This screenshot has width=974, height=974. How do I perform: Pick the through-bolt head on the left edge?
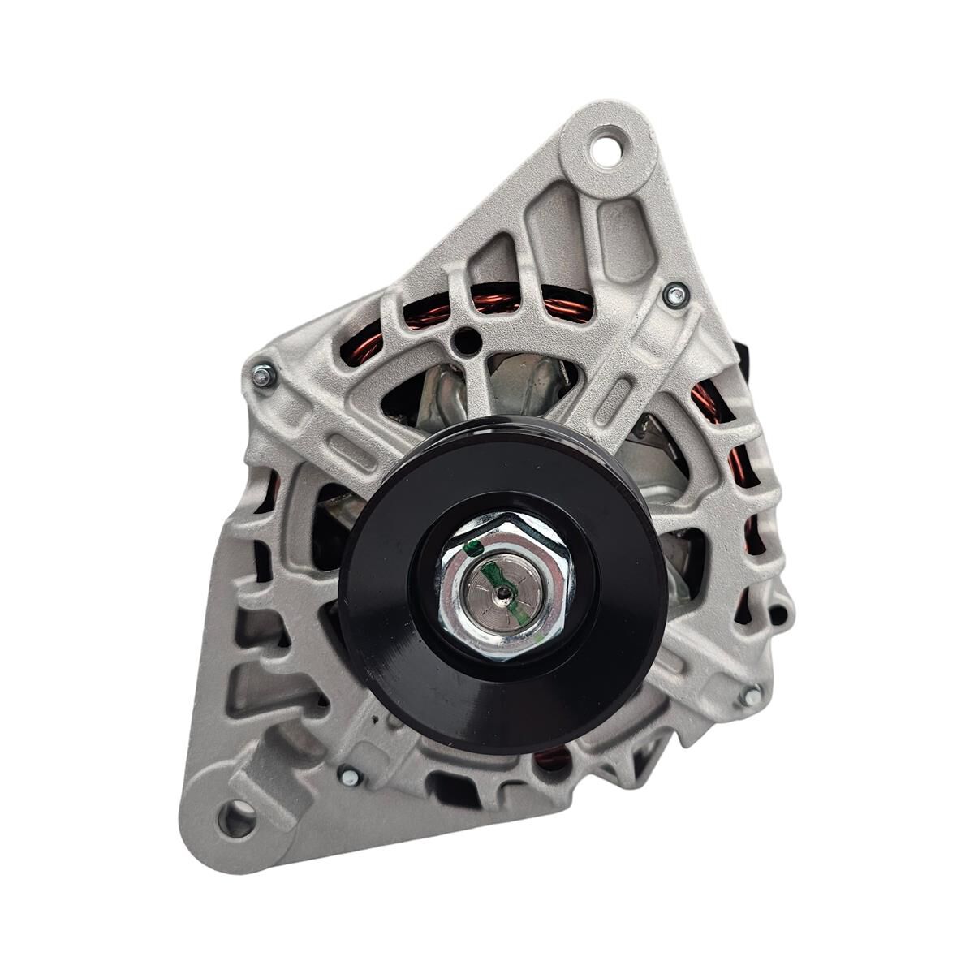(263, 375)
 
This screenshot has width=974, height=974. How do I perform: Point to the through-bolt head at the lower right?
(752, 695)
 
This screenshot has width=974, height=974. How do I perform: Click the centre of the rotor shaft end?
(504, 592)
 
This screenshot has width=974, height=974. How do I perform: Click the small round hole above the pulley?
(464, 342)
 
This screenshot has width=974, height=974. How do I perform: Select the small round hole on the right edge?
(782, 611)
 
